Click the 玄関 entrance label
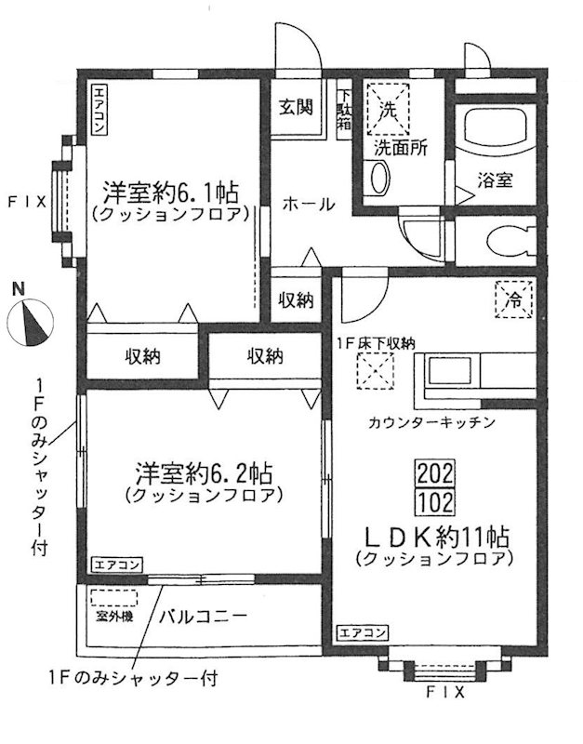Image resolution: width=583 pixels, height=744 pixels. tap(297, 106)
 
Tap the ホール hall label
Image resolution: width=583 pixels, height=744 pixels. tap(307, 204)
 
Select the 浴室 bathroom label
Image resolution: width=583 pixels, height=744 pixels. tap(495, 179)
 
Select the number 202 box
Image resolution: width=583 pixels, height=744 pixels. tap(436, 472)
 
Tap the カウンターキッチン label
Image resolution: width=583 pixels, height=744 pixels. tap(429, 421)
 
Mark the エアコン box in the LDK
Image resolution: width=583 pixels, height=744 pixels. tap(363, 632)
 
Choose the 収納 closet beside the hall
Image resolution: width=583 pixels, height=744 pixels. tap(297, 300)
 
